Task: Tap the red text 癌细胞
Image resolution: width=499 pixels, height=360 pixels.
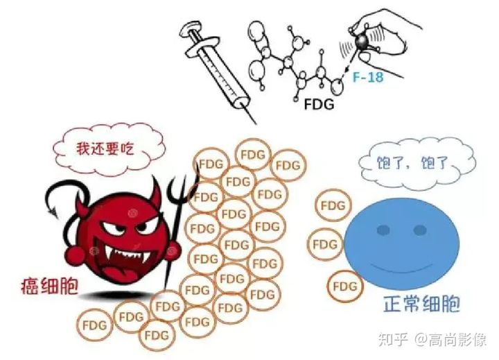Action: pyautogui.click(x=49, y=285)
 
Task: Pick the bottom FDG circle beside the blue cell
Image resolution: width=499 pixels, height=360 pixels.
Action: pyautogui.click(x=344, y=286)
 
